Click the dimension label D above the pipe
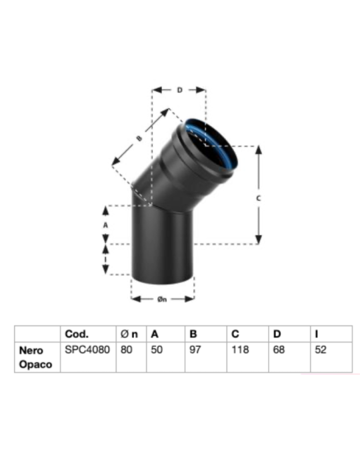179,88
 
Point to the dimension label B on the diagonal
140,138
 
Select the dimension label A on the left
105,225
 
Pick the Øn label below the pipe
162,299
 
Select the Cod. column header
77,334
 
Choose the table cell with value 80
124,350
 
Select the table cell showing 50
157,350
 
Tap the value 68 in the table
279,350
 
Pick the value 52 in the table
321,350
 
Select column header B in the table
194,334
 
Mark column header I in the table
316,334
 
